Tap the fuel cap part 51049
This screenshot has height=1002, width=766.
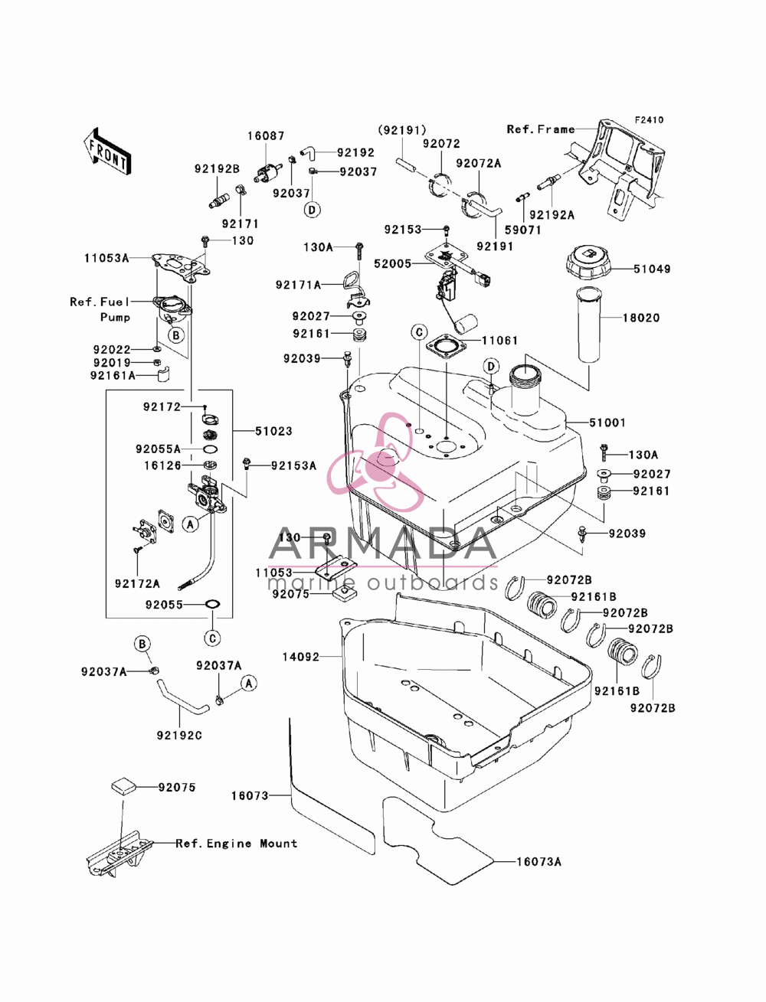point(588,264)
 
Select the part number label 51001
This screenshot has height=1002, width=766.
point(607,423)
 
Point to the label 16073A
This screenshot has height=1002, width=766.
point(539,862)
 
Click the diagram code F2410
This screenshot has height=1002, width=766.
point(649,120)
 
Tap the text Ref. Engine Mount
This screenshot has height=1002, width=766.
point(237,844)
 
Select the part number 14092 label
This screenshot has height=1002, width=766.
point(300,657)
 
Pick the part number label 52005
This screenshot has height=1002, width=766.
point(392,264)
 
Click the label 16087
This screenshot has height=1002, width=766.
point(266,136)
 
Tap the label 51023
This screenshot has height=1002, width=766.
point(273,431)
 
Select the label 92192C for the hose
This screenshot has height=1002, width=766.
point(179,736)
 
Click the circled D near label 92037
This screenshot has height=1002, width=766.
point(313,210)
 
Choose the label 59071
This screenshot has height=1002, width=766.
point(522,230)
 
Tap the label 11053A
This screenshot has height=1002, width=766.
point(106,259)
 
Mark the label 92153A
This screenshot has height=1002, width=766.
point(293,465)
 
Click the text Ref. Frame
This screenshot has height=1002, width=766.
point(541,129)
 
